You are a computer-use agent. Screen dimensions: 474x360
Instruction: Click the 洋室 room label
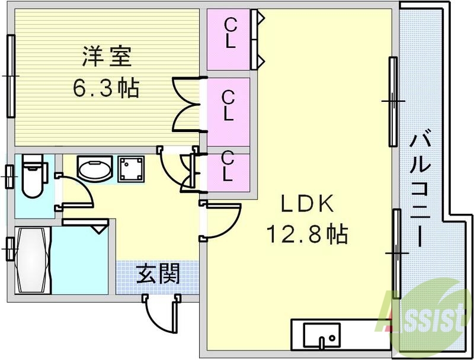(x=106, y=59)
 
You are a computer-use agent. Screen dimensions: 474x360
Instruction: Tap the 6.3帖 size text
(x=106, y=88)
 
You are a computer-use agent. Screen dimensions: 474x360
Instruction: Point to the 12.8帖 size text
(x=306, y=235)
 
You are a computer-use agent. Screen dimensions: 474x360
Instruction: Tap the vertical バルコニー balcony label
(x=421, y=189)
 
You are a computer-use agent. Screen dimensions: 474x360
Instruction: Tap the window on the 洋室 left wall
(x=11, y=76)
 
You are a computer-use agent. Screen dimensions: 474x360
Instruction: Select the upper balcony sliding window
(x=392, y=102)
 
